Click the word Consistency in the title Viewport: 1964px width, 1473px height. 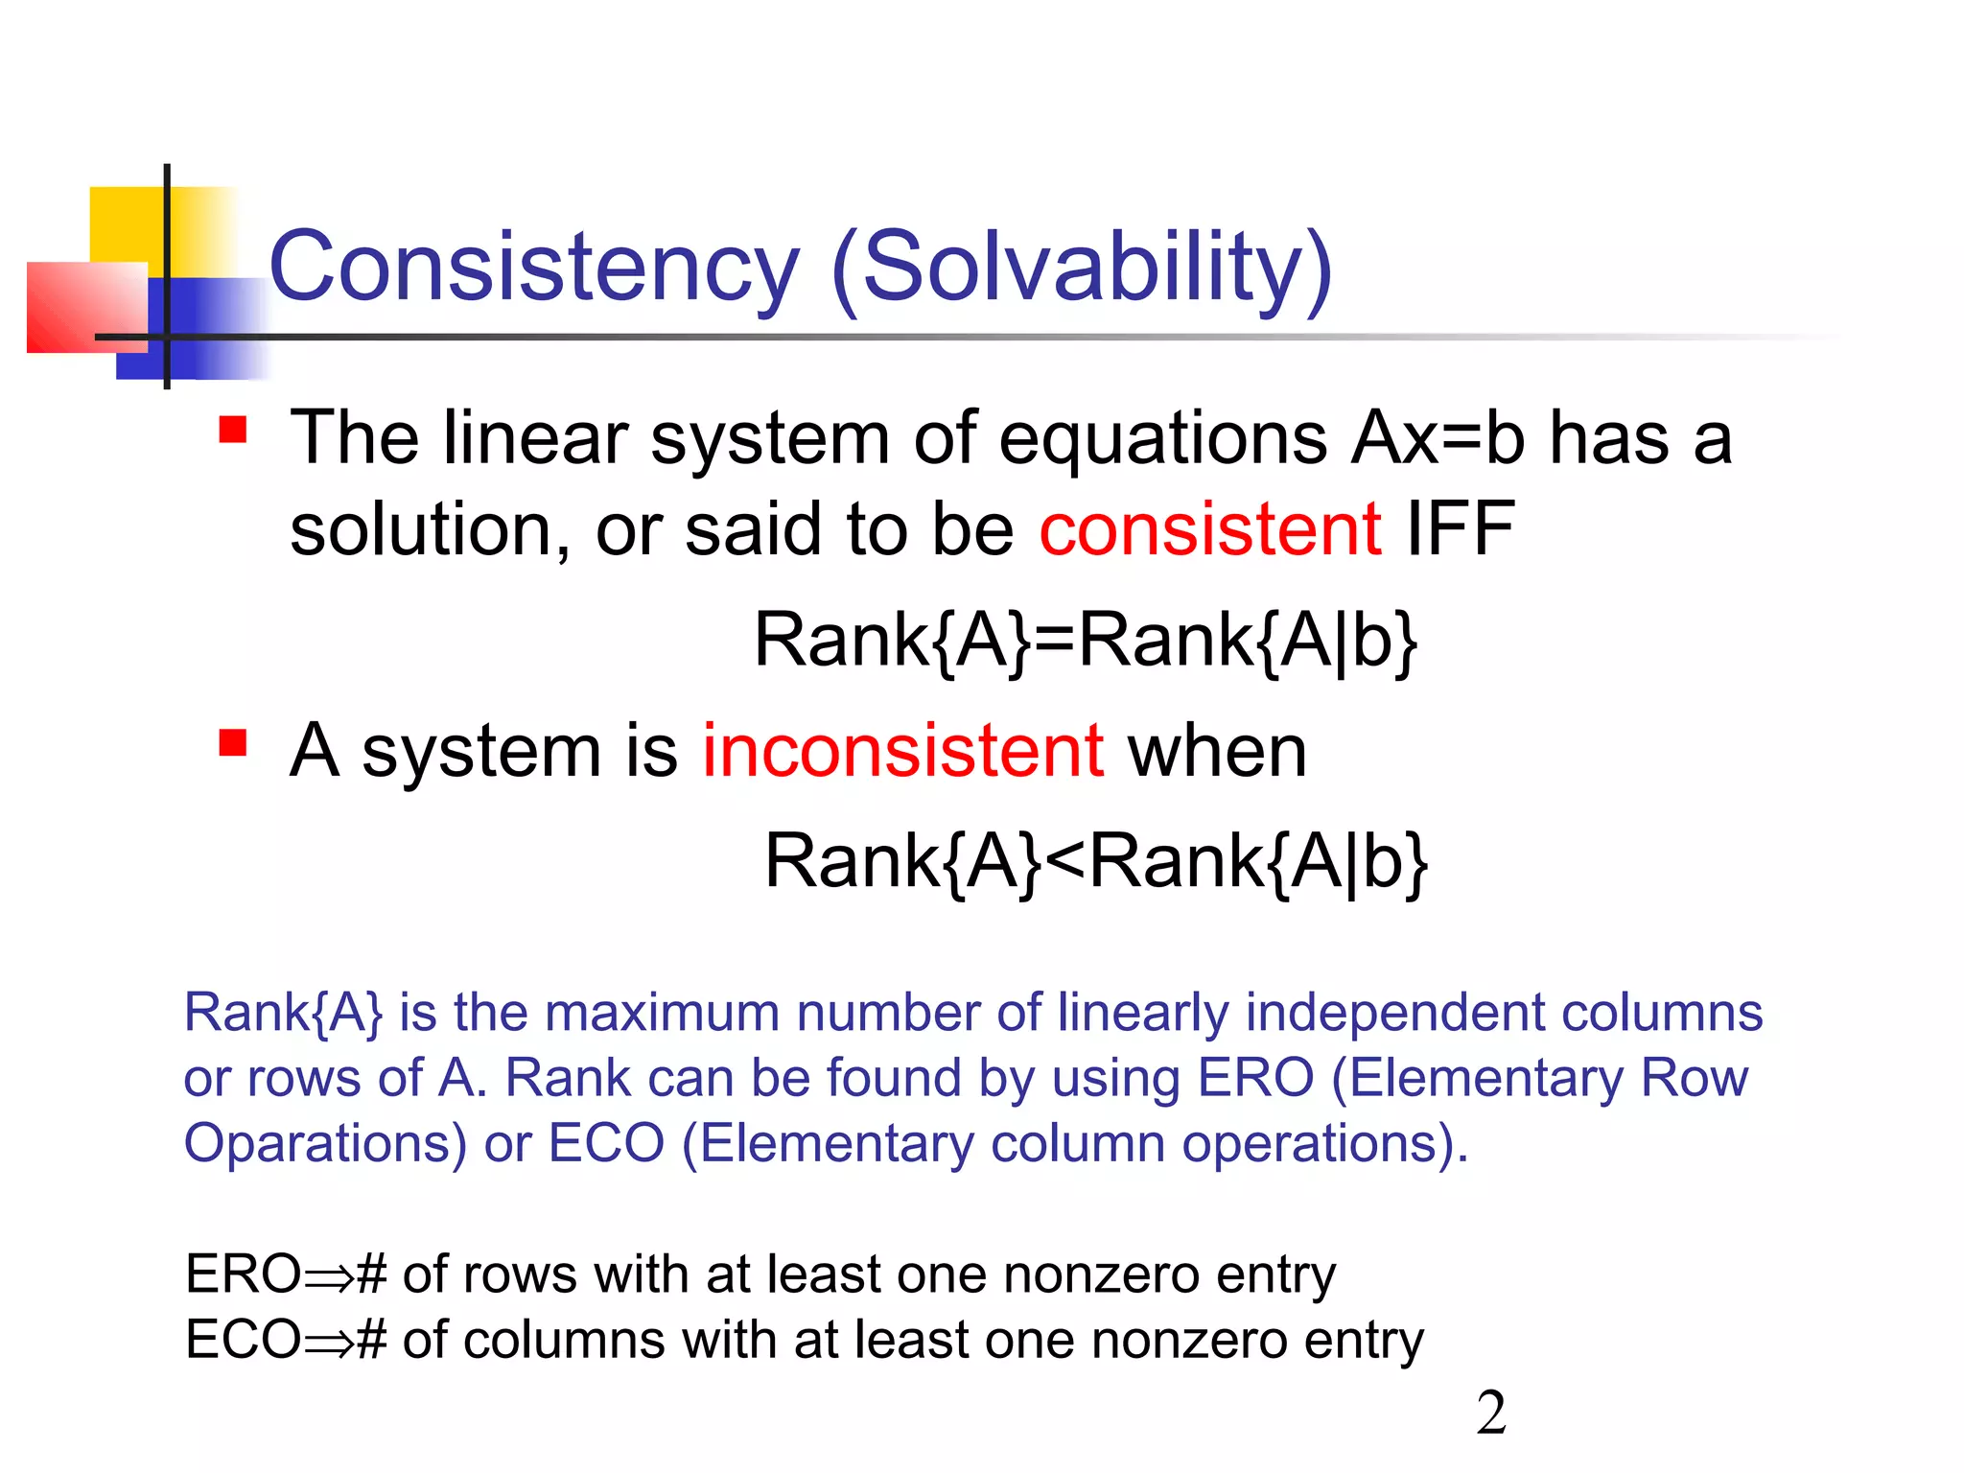pyautogui.click(x=533, y=269)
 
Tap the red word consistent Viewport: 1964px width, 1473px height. pyautogui.click(x=1210, y=529)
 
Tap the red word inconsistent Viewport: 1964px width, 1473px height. pyautogui.click(x=902, y=751)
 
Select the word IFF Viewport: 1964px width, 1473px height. pyautogui.click(x=1460, y=529)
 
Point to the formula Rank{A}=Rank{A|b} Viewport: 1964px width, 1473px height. pyautogui.click(x=1085, y=641)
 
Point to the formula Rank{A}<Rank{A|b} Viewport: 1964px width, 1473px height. pyautogui.click(x=1095, y=861)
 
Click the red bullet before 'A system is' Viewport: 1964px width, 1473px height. pyautogui.click(x=233, y=743)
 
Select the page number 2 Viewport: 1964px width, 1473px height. pyautogui.click(x=1491, y=1414)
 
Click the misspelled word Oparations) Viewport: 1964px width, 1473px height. pyautogui.click(x=325, y=1144)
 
